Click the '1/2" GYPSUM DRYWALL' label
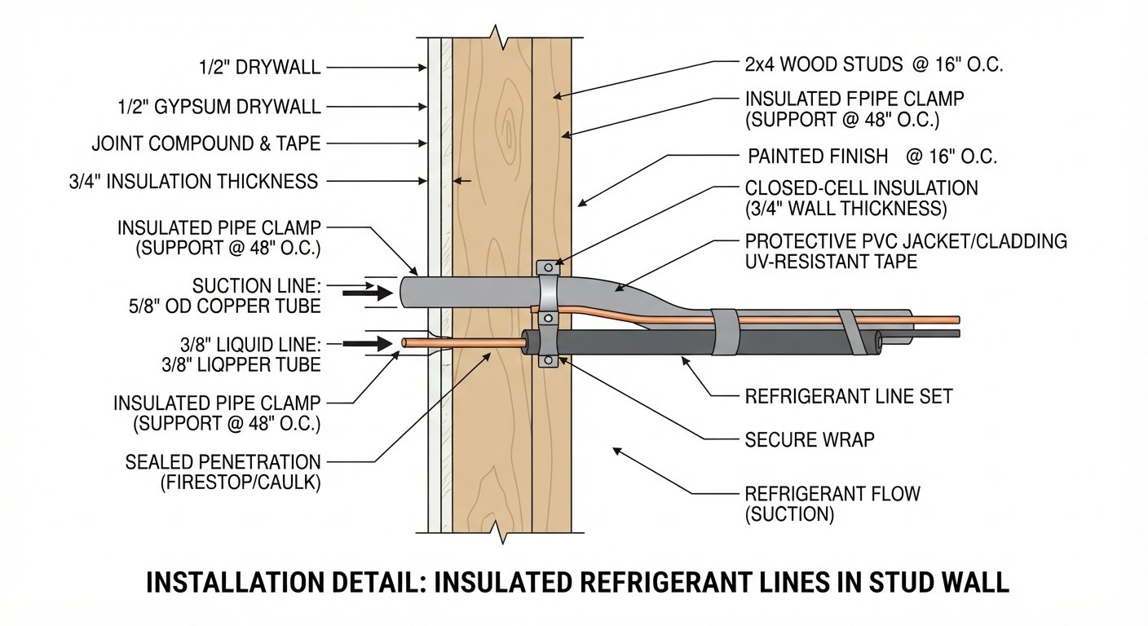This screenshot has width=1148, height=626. tap(219, 107)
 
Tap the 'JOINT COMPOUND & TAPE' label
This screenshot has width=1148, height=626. tap(206, 143)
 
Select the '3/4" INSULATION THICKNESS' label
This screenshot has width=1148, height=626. tap(194, 182)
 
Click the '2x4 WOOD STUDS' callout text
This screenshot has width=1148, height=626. tap(823, 65)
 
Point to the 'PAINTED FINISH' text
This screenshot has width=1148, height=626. tap(818, 156)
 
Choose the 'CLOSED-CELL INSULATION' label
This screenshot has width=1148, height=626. tap(861, 188)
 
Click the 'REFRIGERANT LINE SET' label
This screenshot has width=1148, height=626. tap(849, 396)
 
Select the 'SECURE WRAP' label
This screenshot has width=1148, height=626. tap(810, 439)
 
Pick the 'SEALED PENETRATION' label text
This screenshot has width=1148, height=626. tap(223, 462)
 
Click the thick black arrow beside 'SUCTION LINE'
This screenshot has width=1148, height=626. tap(368, 293)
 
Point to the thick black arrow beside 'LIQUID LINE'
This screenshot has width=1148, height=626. tap(368, 343)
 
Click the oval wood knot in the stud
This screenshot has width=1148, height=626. tap(510, 128)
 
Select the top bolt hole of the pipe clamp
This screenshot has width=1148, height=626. tap(548, 267)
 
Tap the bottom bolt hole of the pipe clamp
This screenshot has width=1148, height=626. tap(548, 362)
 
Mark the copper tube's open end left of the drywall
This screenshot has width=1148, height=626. tap(405, 342)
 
